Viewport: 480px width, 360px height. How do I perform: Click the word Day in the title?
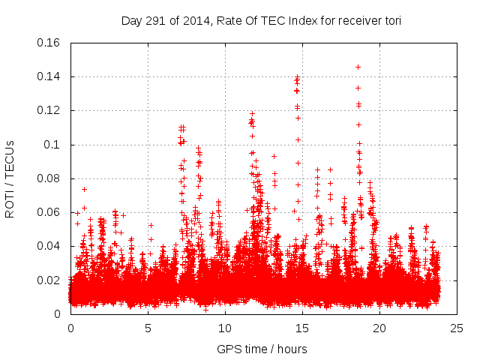pos(131,21)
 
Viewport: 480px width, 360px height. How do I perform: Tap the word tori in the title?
pos(391,21)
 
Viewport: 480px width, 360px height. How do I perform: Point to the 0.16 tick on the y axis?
pos(49,43)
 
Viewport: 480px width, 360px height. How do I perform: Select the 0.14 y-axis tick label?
pos(49,76)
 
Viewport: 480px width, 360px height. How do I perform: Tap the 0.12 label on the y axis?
pos(49,110)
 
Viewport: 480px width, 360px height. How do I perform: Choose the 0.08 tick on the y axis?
pos(49,178)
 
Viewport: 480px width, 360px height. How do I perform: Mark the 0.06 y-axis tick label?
pos(49,212)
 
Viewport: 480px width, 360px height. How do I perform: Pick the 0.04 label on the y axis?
pos(49,246)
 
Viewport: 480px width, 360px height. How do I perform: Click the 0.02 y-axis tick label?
pos(49,280)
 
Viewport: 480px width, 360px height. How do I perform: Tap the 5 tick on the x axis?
pos(148,328)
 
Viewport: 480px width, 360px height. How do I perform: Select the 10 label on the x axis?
pos(225,328)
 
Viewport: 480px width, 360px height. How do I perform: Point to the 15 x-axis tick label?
pos(302,328)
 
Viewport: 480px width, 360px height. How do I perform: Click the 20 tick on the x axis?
pos(379,328)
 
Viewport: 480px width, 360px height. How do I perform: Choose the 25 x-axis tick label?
pos(457,328)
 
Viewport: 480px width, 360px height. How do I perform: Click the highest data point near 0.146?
pos(358,67)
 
